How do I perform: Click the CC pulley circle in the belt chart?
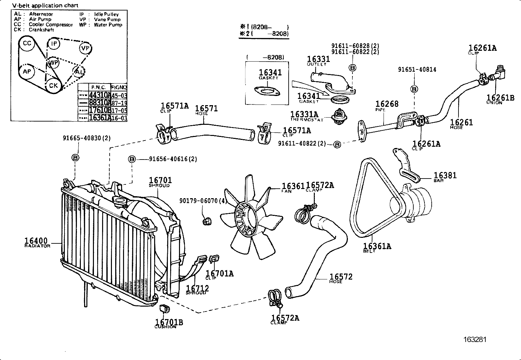point(27,44)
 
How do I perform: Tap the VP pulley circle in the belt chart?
point(85,48)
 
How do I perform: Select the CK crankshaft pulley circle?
point(53,86)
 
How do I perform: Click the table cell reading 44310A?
point(100,96)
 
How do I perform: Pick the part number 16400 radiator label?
point(36,241)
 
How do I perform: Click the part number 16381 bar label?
point(445,176)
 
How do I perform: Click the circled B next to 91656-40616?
point(132,159)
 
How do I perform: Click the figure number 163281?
point(475,340)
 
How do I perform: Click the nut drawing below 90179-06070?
point(207,222)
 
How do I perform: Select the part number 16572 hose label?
point(341,277)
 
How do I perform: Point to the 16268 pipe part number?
point(387,104)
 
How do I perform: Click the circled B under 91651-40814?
point(414,89)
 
